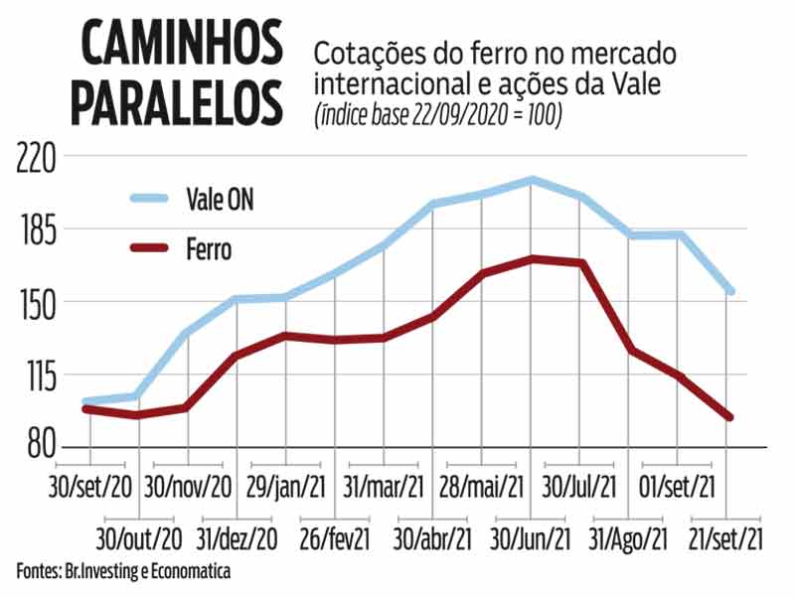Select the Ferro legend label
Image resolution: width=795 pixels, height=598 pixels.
tap(209, 248)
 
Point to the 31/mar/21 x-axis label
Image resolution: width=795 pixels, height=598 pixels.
tap(385, 487)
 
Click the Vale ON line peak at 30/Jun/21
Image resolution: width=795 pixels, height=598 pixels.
tap(533, 180)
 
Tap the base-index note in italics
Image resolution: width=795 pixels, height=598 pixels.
tap(438, 116)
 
